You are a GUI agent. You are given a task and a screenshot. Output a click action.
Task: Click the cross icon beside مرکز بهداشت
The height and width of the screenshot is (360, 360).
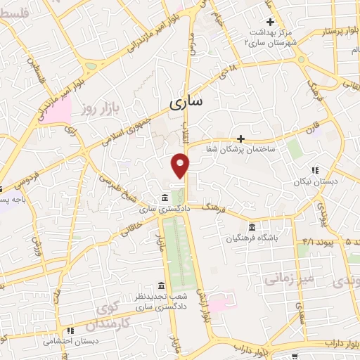(x=270, y=22)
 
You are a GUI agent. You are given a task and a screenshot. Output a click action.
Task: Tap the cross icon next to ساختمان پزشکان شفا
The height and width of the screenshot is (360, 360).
(x=241, y=138)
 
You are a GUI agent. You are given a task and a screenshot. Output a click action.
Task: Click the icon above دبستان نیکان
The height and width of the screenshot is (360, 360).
(x=314, y=169)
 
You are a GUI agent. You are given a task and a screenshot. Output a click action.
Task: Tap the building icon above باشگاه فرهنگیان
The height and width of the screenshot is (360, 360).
(x=252, y=226)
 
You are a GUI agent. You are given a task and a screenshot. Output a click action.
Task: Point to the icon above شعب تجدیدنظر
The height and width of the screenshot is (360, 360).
(x=162, y=285)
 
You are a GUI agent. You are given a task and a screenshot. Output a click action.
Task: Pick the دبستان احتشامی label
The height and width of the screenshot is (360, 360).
(x=69, y=341)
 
